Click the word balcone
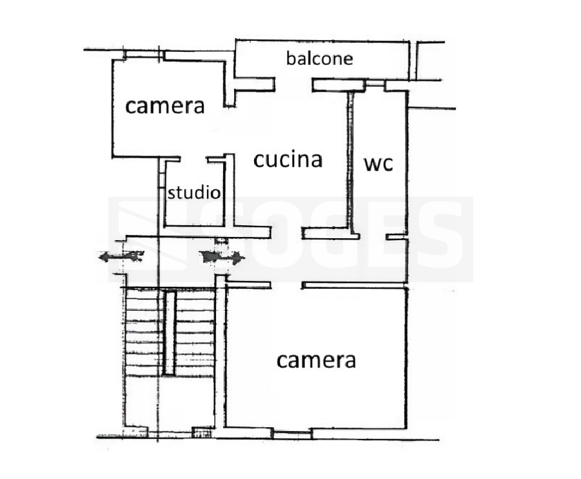coord(320,58)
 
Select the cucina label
coord(288,159)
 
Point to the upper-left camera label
coord(165,106)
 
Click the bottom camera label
coord(316,360)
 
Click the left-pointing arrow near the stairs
coord(120,257)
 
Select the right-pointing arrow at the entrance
coord(224,258)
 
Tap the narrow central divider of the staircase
coord(169,333)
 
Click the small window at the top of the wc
coord(374,84)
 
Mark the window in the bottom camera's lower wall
coord(291,432)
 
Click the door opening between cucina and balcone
coord(294,84)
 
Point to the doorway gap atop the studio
coord(193,158)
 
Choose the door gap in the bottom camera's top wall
coord(287,285)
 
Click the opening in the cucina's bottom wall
coord(286,232)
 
